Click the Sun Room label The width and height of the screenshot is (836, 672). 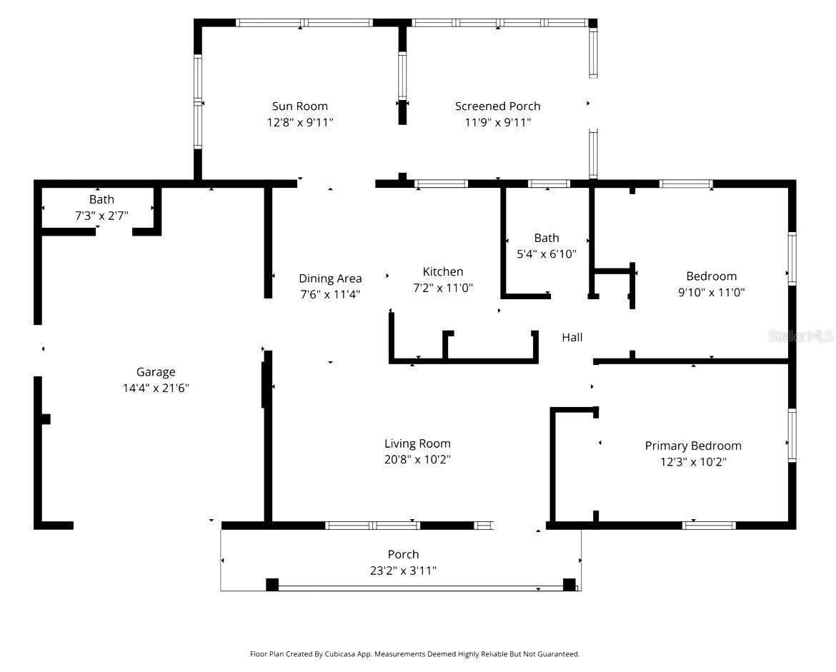click(x=300, y=106)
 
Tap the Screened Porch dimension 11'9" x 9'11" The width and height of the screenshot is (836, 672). click(x=497, y=122)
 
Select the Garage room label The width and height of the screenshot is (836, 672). click(x=156, y=372)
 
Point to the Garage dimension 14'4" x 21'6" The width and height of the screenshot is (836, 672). click(x=156, y=388)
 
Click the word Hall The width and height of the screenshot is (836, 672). click(x=572, y=337)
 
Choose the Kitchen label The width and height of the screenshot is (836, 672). click(x=443, y=271)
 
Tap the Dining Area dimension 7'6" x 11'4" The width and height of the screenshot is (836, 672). click(x=330, y=294)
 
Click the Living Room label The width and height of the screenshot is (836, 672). click(x=417, y=443)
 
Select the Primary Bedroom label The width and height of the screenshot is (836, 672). click(x=693, y=446)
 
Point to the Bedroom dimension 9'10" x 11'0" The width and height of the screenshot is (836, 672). click(x=711, y=292)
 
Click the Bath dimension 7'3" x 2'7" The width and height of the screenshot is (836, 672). click(x=101, y=215)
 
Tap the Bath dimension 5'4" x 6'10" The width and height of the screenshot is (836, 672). click(x=547, y=254)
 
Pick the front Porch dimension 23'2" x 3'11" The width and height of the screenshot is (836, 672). click(x=403, y=571)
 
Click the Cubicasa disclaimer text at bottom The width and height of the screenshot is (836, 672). click(x=414, y=653)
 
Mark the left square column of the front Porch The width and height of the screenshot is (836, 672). click(x=272, y=585)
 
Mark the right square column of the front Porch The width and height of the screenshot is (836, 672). click(x=569, y=585)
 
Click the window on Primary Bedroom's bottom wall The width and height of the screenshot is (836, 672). click(x=708, y=526)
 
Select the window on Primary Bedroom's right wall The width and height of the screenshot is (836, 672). click(x=792, y=435)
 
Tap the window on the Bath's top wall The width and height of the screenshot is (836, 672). click(x=549, y=184)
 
